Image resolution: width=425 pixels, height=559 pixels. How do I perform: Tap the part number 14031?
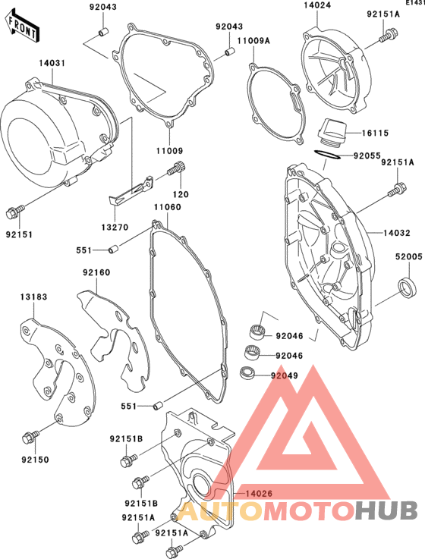click(52, 64)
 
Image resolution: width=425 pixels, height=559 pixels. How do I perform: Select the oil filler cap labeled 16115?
click(332, 131)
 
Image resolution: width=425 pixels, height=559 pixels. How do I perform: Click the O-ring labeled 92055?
click(328, 155)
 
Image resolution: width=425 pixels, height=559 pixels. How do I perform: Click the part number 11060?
click(168, 207)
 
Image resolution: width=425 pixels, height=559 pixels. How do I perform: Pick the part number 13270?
click(115, 227)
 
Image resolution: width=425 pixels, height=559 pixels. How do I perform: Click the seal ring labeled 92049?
click(247, 373)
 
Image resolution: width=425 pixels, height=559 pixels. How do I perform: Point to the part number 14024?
click(317, 5)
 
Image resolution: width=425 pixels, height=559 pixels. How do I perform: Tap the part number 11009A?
click(253, 41)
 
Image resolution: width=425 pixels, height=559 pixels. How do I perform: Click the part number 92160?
click(96, 272)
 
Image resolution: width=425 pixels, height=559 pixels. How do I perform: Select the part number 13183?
click(33, 297)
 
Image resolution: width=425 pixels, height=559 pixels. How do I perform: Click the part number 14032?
click(397, 233)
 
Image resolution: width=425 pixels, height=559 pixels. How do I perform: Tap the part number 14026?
click(259, 494)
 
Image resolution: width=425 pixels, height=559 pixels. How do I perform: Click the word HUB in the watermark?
click(387, 510)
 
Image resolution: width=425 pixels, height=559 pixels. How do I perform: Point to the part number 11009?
click(169, 151)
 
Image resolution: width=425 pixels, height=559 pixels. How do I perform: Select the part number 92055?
click(367, 155)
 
